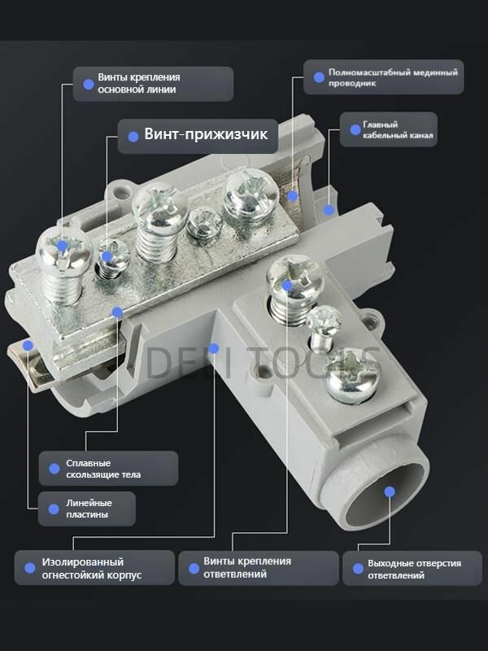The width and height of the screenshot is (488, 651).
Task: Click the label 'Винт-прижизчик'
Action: [x=206, y=134]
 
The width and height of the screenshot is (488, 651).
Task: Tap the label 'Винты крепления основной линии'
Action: [x=139, y=84]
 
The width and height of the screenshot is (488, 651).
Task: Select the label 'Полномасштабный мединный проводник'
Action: [x=393, y=77]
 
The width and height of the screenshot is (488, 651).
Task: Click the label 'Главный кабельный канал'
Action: [x=398, y=129]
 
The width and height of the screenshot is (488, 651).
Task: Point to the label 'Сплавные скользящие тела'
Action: [x=103, y=469]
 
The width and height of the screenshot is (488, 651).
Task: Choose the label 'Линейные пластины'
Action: [x=89, y=509]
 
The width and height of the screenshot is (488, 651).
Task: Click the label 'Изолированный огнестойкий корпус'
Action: [x=92, y=568]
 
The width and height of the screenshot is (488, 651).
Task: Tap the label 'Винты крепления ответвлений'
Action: [x=247, y=567]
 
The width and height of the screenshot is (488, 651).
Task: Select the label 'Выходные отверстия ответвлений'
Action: [x=414, y=569]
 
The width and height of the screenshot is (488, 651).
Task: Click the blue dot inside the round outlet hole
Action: [x=390, y=492]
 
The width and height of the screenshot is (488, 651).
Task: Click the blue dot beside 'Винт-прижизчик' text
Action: [x=133, y=137]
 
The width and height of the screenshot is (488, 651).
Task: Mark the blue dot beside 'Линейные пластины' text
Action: [x=54, y=509]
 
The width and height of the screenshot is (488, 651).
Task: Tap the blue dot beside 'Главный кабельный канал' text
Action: [x=355, y=130]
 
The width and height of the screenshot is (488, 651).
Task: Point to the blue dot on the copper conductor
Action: [x=293, y=196]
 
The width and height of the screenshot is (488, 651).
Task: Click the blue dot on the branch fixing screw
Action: [x=287, y=286]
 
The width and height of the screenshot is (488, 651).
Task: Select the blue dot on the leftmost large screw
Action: [x=63, y=246]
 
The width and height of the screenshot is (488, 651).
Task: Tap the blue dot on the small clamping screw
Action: [x=107, y=256]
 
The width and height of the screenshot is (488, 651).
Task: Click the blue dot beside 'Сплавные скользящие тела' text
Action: [x=54, y=469]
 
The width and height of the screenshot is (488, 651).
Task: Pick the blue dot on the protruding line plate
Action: [x=28, y=345]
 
